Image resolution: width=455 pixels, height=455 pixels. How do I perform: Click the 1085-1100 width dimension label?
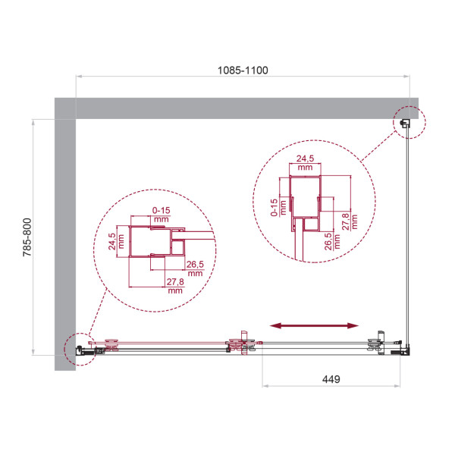pyautogui.click(x=242, y=69)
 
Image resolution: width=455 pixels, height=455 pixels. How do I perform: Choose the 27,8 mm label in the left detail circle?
pyautogui.click(x=175, y=286)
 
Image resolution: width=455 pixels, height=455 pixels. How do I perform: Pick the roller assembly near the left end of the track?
pyautogui.click(x=112, y=346)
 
